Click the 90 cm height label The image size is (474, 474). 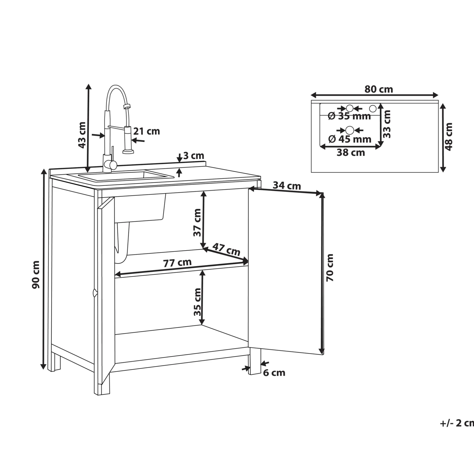(x=36, y=274)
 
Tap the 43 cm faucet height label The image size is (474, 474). (x=82, y=135)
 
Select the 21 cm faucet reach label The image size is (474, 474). (x=147, y=131)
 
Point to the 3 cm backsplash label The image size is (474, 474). (x=194, y=155)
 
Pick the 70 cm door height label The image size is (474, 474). (x=330, y=268)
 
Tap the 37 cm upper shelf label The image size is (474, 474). (x=197, y=222)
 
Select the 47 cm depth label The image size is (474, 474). (x=226, y=249)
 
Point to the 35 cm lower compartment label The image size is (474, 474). (x=197, y=302)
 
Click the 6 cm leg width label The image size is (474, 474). (x=274, y=373)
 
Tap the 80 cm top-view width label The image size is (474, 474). (x=379, y=89)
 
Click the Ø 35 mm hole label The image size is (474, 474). (x=349, y=116)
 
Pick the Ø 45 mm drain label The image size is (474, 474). (x=350, y=139)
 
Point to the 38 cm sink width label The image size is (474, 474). (x=351, y=152)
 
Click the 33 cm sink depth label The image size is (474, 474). (x=387, y=124)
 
